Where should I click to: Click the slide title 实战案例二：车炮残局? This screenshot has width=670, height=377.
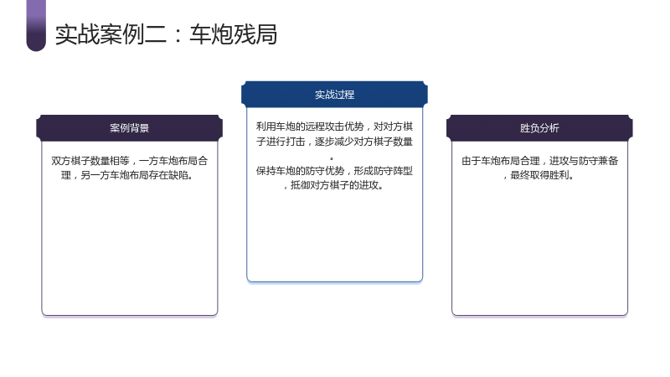(166, 34)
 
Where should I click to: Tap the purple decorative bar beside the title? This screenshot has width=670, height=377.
(36, 26)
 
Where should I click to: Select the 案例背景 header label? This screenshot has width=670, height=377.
(130, 128)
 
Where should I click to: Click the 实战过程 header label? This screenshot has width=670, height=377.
(334, 95)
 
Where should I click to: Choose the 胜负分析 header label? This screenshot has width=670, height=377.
(539, 128)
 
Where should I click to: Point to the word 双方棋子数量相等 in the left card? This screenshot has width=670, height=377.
(90, 161)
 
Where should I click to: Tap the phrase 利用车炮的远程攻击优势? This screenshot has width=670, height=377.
(310, 127)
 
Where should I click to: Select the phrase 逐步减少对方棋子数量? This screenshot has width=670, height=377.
(363, 142)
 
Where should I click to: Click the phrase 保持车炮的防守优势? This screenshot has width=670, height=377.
(300, 171)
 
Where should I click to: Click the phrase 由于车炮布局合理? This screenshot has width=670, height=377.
(500, 161)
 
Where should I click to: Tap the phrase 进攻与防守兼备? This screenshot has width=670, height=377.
(584, 161)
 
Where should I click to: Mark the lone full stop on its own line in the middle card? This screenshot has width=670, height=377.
(332, 159)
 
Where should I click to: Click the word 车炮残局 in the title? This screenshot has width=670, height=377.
(234, 34)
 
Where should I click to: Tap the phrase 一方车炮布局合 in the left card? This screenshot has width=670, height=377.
(173, 161)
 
